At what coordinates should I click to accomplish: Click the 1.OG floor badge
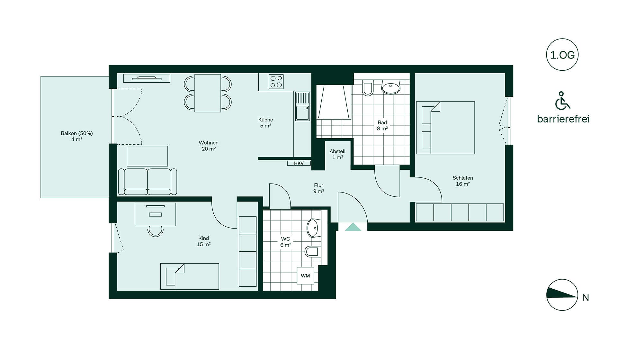pyautogui.click(x=562, y=55)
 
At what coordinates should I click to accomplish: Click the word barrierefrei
pyautogui.click(x=563, y=119)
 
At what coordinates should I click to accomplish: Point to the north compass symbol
pyautogui.click(x=562, y=295)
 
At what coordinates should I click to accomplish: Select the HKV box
pyautogui.click(x=299, y=163)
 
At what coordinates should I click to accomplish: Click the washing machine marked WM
pyautogui.click(x=305, y=276)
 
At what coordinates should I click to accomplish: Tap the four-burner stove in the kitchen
pyautogui.click(x=276, y=82)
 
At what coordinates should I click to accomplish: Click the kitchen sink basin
pyautogui.click(x=302, y=113)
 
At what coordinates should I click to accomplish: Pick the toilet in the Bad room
pyautogui.click(x=368, y=88)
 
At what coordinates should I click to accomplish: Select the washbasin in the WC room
pyautogui.click(x=313, y=228)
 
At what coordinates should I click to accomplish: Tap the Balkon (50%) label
pyautogui.click(x=77, y=133)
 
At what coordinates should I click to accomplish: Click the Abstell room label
pyautogui.click(x=337, y=151)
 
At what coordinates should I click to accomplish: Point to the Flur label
pyautogui.click(x=318, y=185)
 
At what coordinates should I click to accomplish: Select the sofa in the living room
pyautogui.click(x=148, y=182)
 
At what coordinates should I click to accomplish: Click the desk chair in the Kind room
pyautogui.click(x=156, y=231)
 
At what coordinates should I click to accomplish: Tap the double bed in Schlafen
pyautogui.click(x=445, y=128)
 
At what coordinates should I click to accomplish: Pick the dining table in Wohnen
pyautogui.click(x=208, y=93)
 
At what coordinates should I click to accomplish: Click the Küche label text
pyautogui.click(x=265, y=120)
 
